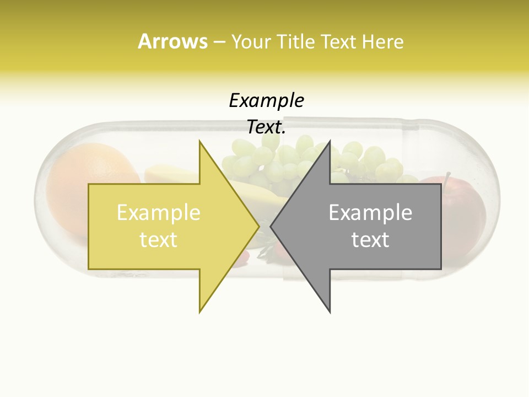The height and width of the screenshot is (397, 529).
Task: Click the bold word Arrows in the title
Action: pyautogui.click(x=172, y=41)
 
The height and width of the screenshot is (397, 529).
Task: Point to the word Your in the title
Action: pyautogui.click(x=252, y=42)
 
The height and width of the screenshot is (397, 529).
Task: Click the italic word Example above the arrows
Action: pyautogui.click(x=266, y=101)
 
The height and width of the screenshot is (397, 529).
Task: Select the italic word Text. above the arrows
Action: pyautogui.click(x=266, y=127)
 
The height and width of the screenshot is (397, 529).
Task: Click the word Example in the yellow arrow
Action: pyautogui.click(x=159, y=212)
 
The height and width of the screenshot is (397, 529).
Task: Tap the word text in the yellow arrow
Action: pyautogui.click(x=159, y=239)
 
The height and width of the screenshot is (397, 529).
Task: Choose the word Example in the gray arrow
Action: pyautogui.click(x=370, y=212)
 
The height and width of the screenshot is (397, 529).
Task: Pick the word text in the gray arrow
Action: pyautogui.click(x=370, y=239)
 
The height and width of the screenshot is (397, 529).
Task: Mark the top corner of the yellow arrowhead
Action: pyautogui.click(x=199, y=141)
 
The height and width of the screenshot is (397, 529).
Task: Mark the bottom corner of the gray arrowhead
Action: pyautogui.click(x=330, y=312)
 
